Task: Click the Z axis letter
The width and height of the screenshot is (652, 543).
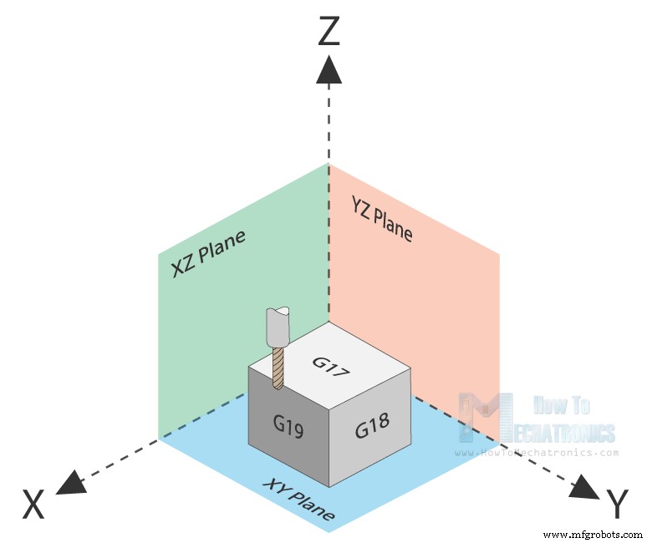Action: (x=329, y=32)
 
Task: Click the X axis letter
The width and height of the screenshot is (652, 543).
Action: (x=33, y=505)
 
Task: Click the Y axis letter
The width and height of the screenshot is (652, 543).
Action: (x=617, y=505)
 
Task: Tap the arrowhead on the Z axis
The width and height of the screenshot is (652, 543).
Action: (x=329, y=69)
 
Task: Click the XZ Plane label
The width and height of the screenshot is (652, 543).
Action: (x=208, y=253)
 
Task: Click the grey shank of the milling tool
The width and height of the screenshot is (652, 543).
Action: (x=277, y=326)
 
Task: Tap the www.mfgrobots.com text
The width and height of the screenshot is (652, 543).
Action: (x=593, y=533)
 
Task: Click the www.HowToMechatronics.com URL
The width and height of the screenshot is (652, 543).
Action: (x=537, y=453)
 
